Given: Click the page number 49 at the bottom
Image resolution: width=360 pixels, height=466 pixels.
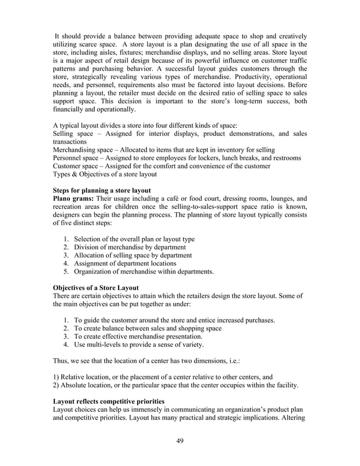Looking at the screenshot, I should coord(180,441).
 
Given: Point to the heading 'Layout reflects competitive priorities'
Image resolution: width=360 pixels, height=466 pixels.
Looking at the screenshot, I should coord(108,401).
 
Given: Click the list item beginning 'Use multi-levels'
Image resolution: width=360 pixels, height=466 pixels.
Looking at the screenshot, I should coord(139,345).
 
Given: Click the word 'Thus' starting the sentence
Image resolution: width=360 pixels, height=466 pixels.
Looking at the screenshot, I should coord(60,362).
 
